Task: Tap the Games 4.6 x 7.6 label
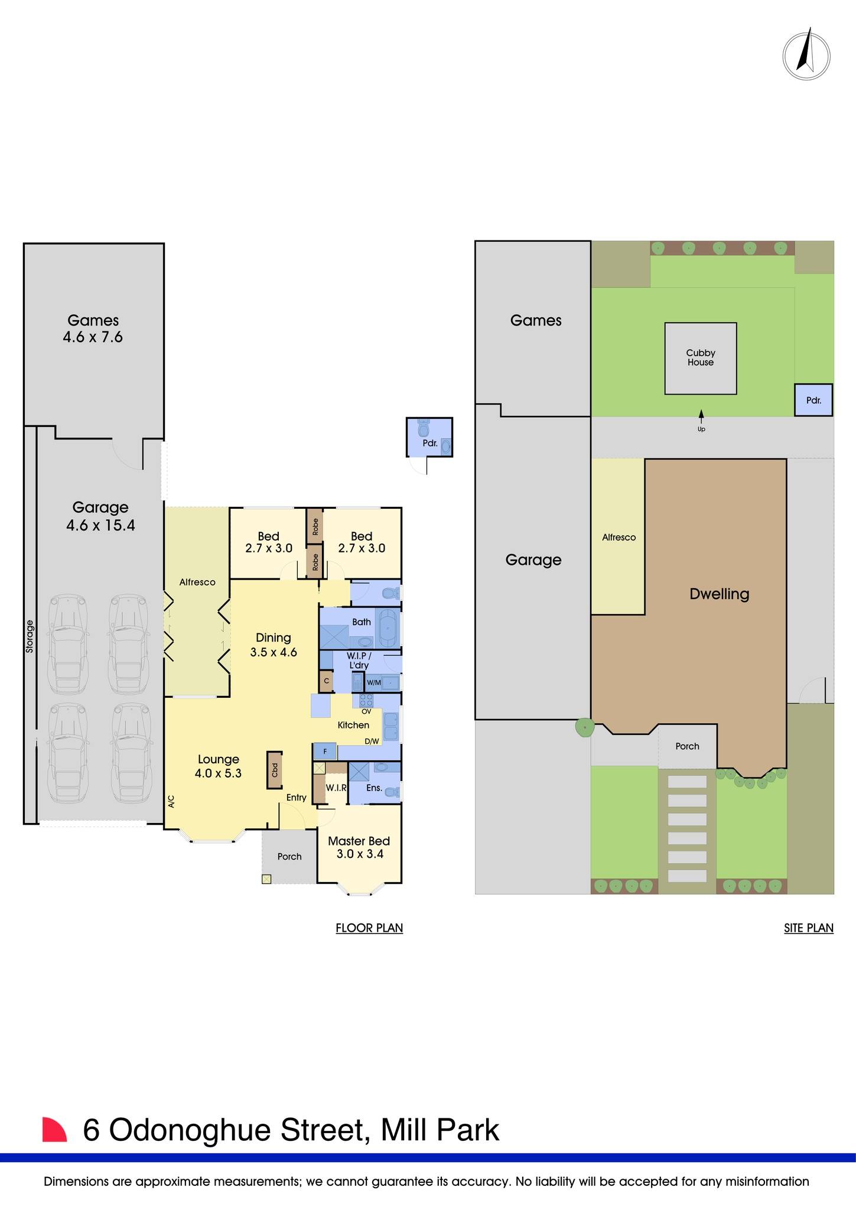[x=93, y=329]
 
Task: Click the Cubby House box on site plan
[x=701, y=358]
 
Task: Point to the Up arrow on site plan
[x=701, y=415]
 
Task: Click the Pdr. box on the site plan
[x=813, y=400]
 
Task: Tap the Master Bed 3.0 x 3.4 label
[x=359, y=847]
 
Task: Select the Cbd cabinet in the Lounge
[x=275, y=770]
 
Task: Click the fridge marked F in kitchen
[x=325, y=752]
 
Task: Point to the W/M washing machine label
[x=374, y=683]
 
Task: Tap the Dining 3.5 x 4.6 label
[x=273, y=645]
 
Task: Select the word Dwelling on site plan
[x=719, y=594]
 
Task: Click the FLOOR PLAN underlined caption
[x=369, y=928]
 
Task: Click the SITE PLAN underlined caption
[x=808, y=928]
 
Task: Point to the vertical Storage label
[x=30, y=636]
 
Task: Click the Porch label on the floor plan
[x=289, y=856]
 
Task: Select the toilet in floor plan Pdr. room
[x=423, y=428]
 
